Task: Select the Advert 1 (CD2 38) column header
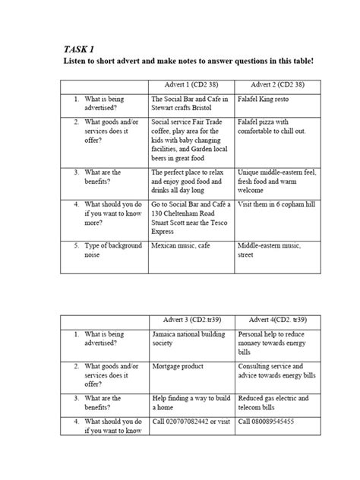(192, 84)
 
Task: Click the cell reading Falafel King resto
(266, 99)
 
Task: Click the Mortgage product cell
(178, 366)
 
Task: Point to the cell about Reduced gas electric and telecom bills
(273, 403)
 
